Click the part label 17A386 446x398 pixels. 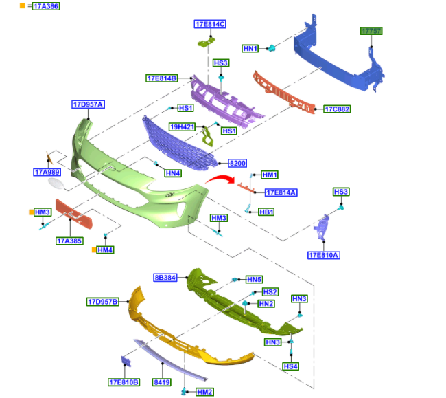[x=46, y=6]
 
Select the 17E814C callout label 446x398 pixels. [x=210, y=24]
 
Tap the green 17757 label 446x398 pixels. [x=372, y=32]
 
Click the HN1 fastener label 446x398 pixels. [x=250, y=49]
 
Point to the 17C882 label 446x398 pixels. [x=337, y=109]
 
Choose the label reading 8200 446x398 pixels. [x=237, y=164]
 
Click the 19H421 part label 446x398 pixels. [x=182, y=127]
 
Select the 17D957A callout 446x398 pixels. [x=88, y=105]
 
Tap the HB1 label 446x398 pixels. [x=266, y=212]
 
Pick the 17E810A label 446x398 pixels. [x=325, y=255]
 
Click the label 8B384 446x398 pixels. [x=165, y=278]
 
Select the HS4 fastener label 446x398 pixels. [x=291, y=367]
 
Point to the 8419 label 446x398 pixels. [x=162, y=382]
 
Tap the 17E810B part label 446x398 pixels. [x=124, y=382]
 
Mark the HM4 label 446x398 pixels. [x=105, y=250]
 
